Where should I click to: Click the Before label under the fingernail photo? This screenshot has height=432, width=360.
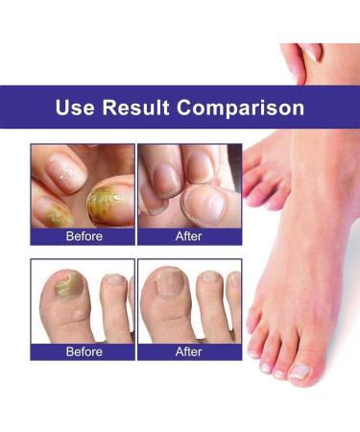82,235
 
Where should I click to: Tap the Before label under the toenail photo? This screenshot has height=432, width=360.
82,351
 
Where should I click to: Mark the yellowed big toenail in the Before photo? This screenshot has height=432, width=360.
67,281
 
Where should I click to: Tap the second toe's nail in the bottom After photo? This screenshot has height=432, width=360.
209,277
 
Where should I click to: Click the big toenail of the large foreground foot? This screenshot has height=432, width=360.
299,371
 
